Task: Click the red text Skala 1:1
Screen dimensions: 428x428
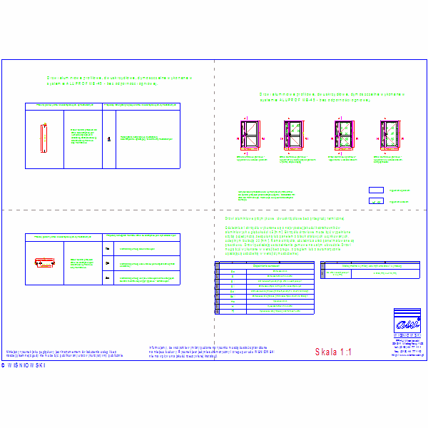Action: [333, 352]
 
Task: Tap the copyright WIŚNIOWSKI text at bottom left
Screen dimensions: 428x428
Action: [23, 365]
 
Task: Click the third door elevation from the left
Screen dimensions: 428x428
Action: [342, 136]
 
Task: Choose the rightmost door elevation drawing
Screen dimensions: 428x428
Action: [389, 136]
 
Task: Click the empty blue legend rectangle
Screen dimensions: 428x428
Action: [375, 190]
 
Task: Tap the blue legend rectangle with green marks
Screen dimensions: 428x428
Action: [375, 202]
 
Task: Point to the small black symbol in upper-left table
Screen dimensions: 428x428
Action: [109, 139]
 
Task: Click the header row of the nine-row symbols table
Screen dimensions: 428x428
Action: [264, 263]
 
